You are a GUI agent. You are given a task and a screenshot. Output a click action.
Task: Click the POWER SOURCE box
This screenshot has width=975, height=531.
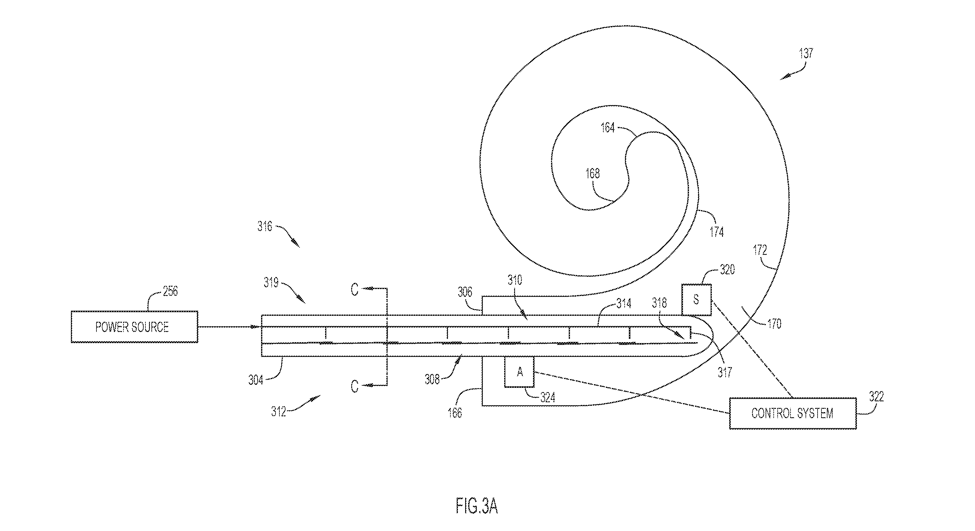pos(134,327)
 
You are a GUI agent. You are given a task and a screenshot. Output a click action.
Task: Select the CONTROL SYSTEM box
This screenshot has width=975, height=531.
pos(793,413)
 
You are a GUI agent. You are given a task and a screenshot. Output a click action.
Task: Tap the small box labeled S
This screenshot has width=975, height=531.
pos(696,300)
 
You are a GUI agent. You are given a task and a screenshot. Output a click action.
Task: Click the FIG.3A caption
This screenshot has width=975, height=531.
pos(477,506)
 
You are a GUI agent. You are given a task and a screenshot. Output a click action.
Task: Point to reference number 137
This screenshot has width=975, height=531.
pos(806,53)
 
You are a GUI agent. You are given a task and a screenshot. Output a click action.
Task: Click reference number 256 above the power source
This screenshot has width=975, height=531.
pos(170,291)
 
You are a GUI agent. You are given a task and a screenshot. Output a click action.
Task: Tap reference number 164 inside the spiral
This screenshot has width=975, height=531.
pos(608,128)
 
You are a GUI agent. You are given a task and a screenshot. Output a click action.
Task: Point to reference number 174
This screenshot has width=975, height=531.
pos(717,231)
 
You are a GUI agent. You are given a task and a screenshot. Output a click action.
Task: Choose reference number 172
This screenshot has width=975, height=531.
pos(760,250)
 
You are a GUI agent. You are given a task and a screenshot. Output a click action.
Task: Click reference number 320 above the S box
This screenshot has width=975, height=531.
pos(727,269)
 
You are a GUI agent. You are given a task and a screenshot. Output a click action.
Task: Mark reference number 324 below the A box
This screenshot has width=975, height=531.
pos(547,397)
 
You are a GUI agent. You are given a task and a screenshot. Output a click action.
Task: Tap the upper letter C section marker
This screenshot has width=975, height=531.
pos(354,290)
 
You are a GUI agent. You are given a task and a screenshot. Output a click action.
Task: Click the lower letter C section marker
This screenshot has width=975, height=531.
pos(354,386)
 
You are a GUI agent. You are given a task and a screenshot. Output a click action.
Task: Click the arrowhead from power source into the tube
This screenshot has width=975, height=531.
pos(258,327)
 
